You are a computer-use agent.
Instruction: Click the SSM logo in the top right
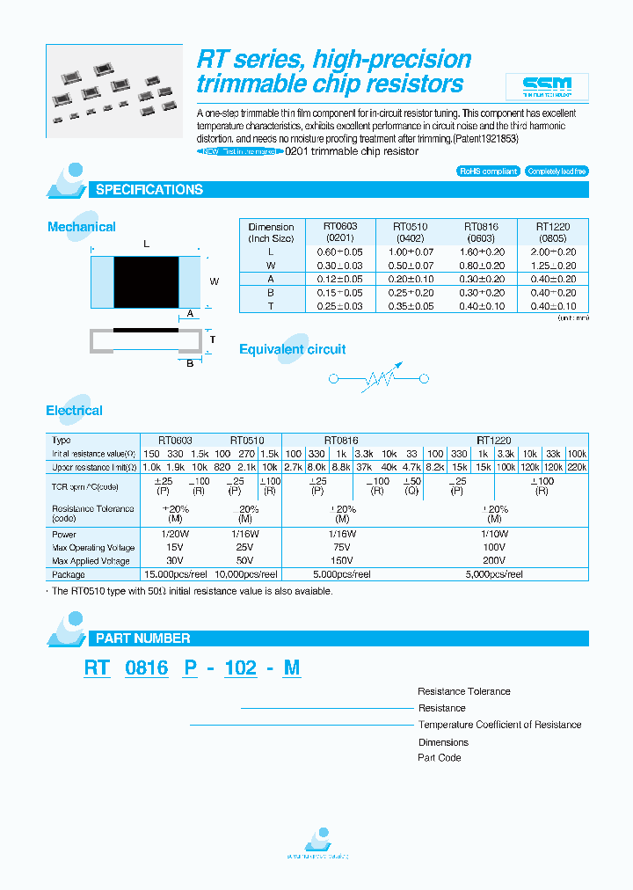(x=547, y=86)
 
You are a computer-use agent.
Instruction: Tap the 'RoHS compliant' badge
(x=489, y=171)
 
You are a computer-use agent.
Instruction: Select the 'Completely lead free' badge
(x=557, y=171)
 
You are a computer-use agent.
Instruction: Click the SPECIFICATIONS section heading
(x=149, y=190)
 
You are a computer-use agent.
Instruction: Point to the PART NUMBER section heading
(x=142, y=638)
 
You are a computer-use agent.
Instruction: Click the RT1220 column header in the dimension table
(x=553, y=232)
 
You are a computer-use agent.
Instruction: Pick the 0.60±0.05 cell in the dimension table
(x=340, y=252)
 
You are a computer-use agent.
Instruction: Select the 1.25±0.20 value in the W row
(x=553, y=266)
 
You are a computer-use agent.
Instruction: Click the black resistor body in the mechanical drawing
(x=147, y=281)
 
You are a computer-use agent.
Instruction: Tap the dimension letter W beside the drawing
(x=213, y=281)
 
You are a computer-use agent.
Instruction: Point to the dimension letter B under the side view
(x=189, y=363)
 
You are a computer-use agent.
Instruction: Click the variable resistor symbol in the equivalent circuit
(x=378, y=379)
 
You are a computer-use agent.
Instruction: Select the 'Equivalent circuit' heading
(x=293, y=349)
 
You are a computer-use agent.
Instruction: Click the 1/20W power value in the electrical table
(x=175, y=534)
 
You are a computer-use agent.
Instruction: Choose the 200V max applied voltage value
(x=494, y=560)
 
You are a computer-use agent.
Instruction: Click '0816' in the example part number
(x=146, y=668)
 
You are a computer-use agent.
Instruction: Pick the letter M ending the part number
(x=292, y=668)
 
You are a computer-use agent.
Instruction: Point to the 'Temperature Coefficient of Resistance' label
(x=499, y=725)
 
